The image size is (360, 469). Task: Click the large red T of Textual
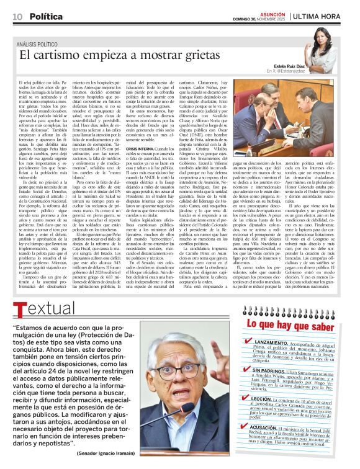(20, 308)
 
